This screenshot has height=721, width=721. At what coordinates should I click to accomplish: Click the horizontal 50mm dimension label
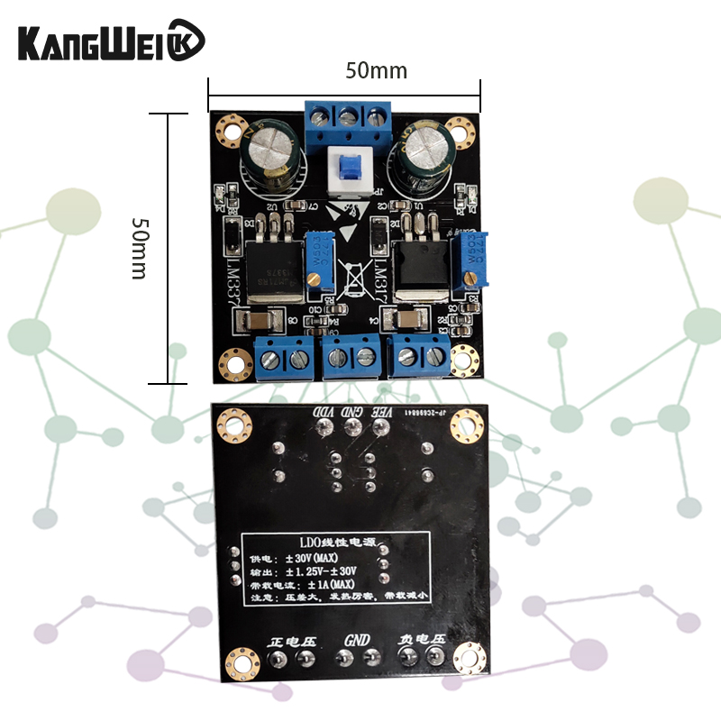[376, 70]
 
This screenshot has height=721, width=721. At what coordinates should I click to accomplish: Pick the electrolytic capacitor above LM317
[422, 150]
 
